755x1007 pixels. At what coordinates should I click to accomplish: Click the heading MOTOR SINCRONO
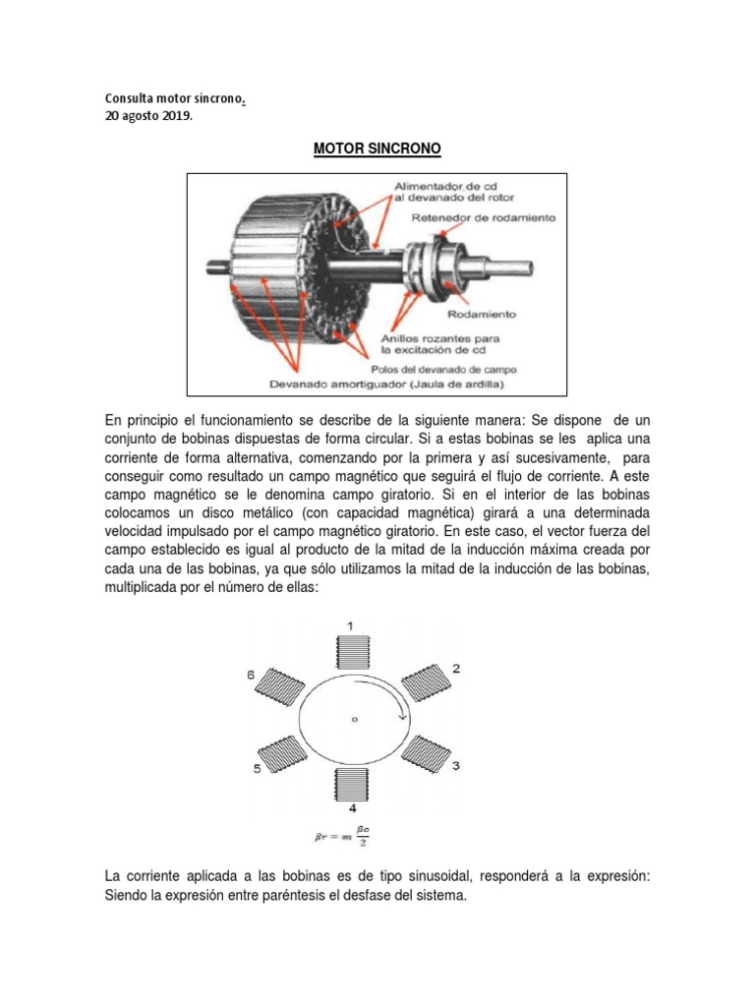tap(377, 149)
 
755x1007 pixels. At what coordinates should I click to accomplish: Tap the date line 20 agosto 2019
tap(149, 115)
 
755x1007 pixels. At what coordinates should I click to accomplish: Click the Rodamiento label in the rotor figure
tap(483, 314)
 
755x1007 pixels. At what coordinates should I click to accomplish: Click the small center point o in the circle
tap(354, 719)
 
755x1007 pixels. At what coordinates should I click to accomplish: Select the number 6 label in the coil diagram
tap(251, 676)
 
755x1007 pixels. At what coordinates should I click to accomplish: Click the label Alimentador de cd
tap(433, 185)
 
